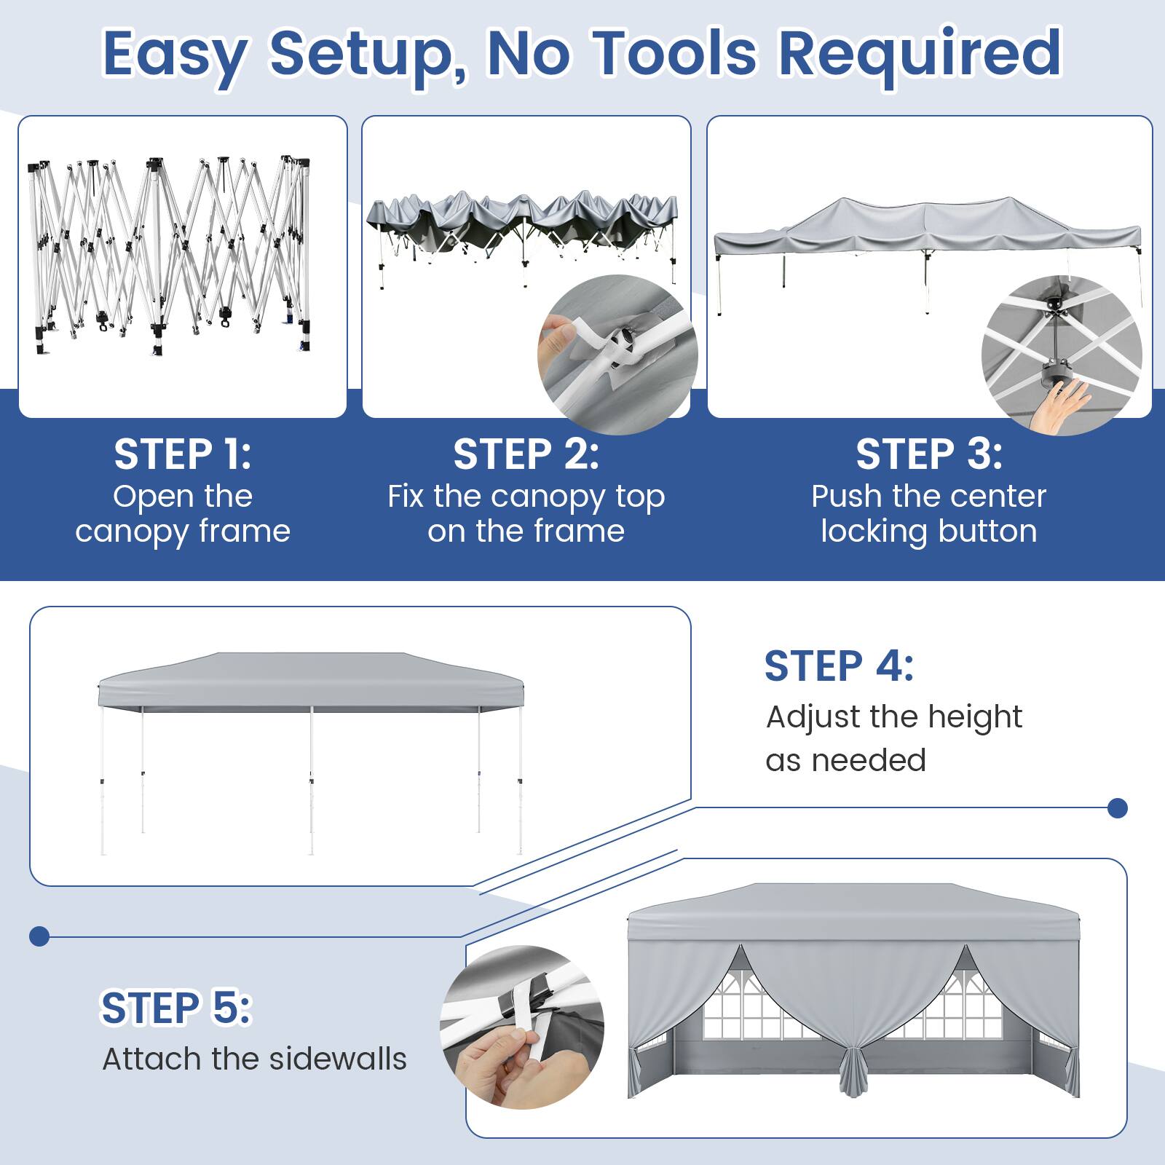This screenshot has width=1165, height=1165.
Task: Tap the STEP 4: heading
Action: point(839,666)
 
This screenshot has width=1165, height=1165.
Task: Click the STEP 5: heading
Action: point(175,1008)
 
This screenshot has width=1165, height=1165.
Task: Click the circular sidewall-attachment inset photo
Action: point(522,1027)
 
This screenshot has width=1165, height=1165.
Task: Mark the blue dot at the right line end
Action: point(1117,807)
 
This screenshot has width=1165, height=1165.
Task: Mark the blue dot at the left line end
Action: point(39,936)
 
